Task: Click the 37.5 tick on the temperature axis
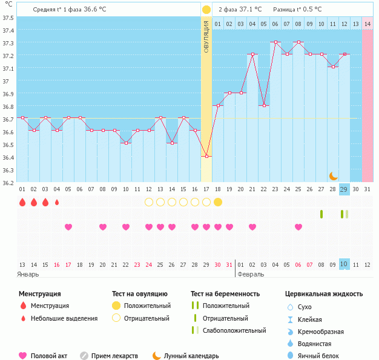8,17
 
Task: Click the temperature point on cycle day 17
206,156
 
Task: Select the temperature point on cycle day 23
275,42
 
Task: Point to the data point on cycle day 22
264,105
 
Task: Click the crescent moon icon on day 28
333,175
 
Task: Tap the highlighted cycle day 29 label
344,189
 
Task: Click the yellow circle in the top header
206,10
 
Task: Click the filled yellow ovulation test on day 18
218,202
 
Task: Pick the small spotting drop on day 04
57,202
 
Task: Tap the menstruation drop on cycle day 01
22,202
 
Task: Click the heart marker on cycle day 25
298,227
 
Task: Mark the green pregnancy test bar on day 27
321,214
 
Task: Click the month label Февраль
250,274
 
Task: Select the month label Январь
28,274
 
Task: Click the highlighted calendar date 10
344,264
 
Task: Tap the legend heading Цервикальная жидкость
324,294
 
